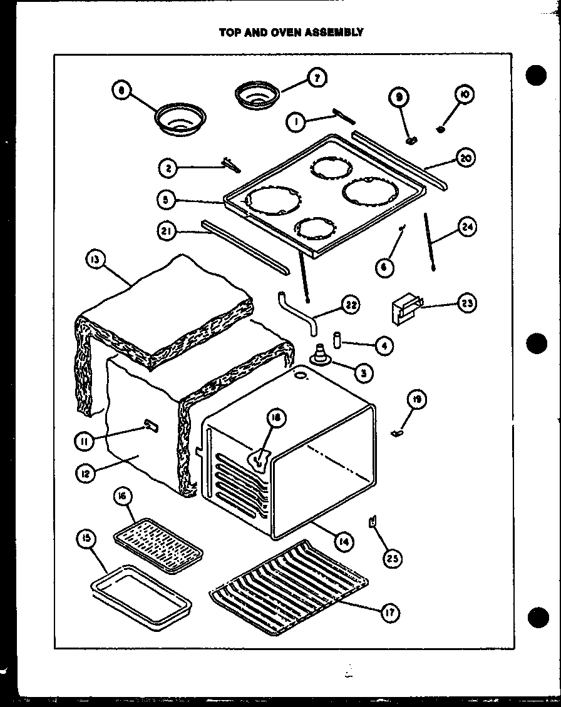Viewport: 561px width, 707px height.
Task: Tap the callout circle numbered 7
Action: click(317, 78)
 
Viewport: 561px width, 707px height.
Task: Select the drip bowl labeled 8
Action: click(180, 119)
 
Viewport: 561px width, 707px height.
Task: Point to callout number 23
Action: click(465, 304)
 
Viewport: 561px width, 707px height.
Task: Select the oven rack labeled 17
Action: click(288, 585)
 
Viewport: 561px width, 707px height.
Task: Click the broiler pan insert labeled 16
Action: click(158, 537)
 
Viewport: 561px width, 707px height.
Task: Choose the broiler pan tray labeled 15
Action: click(142, 592)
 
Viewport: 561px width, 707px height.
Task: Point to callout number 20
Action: click(464, 158)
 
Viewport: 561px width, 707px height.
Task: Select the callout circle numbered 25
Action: click(392, 559)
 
